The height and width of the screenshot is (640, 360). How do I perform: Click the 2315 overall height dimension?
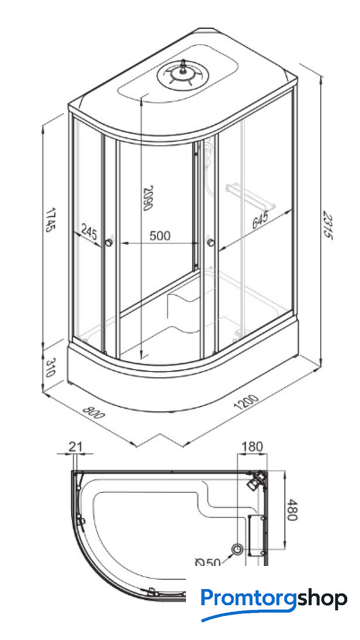(328, 225)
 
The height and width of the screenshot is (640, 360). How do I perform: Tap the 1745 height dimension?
(50, 220)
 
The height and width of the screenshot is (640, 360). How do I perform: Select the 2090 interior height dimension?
(148, 198)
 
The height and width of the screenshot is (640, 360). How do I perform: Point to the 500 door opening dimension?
(160, 236)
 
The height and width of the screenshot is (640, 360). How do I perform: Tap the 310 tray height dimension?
(50, 367)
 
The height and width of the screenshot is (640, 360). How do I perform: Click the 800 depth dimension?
(93, 412)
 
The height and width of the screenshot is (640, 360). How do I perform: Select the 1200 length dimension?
(246, 401)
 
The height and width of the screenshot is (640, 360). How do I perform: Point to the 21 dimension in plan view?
(76, 447)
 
